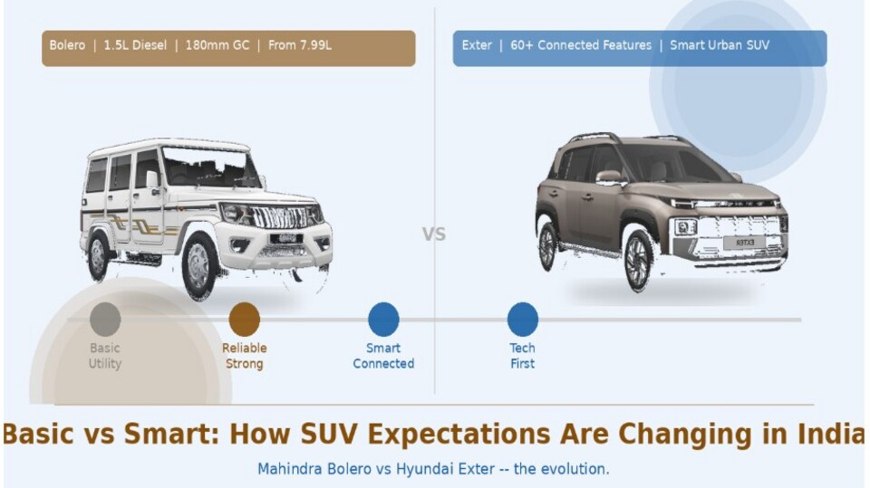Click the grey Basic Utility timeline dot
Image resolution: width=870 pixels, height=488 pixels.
pos(105,320)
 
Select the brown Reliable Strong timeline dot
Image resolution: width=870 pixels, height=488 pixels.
pos(244,320)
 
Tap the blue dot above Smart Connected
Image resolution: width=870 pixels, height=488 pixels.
pos(383,320)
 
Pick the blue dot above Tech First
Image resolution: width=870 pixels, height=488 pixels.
pos(523,320)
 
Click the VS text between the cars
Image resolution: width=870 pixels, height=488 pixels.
pos(434,234)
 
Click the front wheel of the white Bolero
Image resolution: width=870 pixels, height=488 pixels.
pos(199,266)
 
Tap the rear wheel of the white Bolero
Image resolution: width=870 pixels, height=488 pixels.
pos(98,256)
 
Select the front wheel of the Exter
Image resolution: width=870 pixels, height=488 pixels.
pos(639,260)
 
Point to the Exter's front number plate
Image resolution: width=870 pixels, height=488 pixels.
pos(745,243)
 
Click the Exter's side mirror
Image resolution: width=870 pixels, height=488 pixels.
pos(609,177)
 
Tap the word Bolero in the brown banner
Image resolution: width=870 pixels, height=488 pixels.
pos(67,45)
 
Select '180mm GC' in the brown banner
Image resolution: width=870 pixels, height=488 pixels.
pos(217,45)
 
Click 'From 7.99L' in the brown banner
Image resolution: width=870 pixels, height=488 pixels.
pos(300,45)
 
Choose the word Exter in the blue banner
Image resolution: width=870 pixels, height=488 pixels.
pos(477,45)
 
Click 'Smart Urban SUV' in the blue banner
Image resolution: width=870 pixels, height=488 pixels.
pos(720,45)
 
